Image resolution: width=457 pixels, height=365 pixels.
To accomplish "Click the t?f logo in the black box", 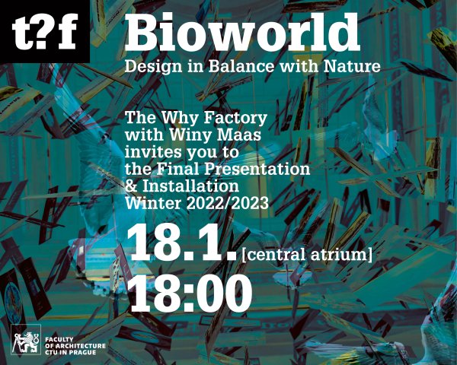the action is tap(45, 31).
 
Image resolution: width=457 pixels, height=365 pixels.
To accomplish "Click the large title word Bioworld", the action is tap(242, 32).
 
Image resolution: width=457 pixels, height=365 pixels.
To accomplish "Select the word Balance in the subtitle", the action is tap(241, 66).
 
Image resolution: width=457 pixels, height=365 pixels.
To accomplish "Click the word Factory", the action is tap(235, 119).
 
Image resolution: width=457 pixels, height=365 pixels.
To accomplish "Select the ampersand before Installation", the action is tap(131, 186).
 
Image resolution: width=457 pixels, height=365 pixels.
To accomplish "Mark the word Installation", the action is tap(190, 186).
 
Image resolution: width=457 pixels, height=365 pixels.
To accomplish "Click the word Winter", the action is tap(153, 203).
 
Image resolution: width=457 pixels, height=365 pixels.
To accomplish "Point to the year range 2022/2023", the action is tap(227, 203).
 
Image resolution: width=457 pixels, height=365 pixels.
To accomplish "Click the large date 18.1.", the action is tap(181, 243).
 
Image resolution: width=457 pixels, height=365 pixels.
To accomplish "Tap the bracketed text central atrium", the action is tap(307, 255).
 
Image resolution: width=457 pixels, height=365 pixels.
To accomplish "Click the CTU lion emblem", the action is tap(26, 339).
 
